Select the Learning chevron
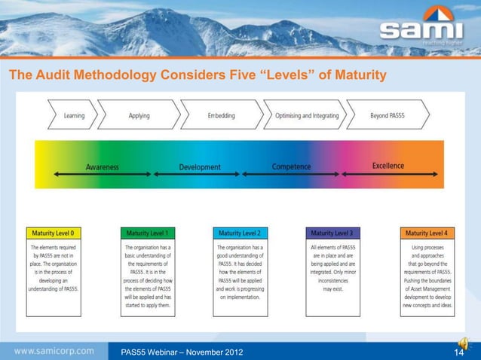pyautogui.click(x=74, y=116)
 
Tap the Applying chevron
pyautogui.click(x=139, y=116)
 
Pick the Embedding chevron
pyautogui.click(x=221, y=116)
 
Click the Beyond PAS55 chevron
pyautogui.click(x=389, y=116)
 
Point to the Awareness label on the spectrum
pyautogui.click(x=102, y=166)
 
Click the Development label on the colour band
pyautogui.click(x=200, y=166)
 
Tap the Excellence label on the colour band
pyautogui.click(x=388, y=166)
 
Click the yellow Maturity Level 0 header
pyautogui.click(x=57, y=233)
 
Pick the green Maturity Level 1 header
pyautogui.click(x=149, y=233)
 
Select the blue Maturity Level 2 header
pyautogui.click(x=240, y=233)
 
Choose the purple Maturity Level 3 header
pyautogui.click(x=332, y=233)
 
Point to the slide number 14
pyautogui.click(x=457, y=351)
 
